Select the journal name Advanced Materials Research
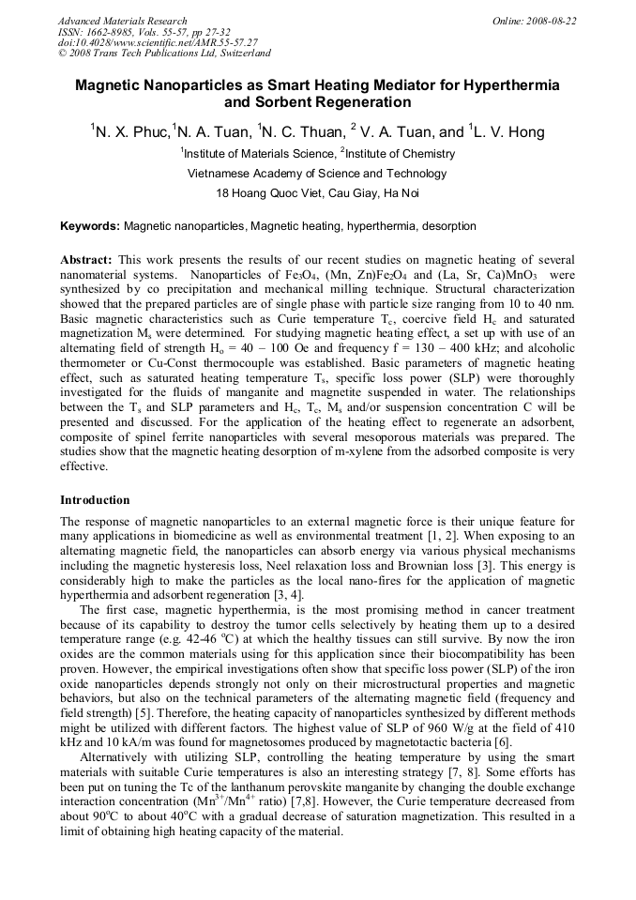coord(122,21)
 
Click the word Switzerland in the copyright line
coord(241,53)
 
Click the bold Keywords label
coord(89,226)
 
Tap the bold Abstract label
coord(86,259)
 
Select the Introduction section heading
coord(95,499)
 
